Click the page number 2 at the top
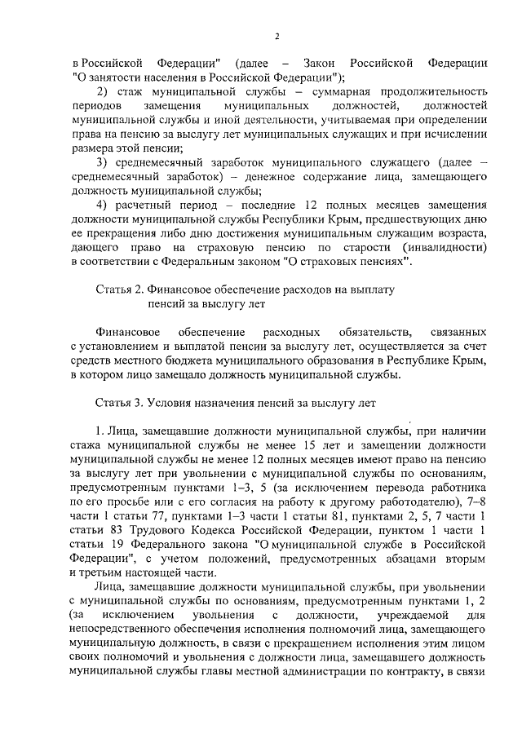(276, 36)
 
